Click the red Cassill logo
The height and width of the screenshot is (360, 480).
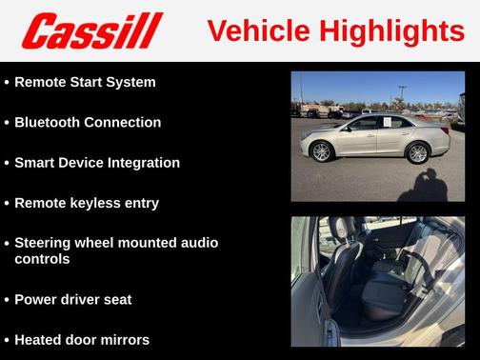point(92,30)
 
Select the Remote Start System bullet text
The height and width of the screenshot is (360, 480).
point(85,82)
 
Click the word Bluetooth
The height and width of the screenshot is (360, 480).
point(49,122)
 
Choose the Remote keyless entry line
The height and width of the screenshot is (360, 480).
point(87,203)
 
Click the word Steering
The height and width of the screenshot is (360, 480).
point(45,243)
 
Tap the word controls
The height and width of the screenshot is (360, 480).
point(42,258)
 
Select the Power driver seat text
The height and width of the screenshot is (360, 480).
point(73,299)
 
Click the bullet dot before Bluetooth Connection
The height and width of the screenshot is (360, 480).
point(7,123)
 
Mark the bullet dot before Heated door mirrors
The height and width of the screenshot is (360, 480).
point(7,340)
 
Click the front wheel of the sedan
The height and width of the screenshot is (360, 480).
point(321,151)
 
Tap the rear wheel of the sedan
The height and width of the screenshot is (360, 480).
point(417,152)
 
